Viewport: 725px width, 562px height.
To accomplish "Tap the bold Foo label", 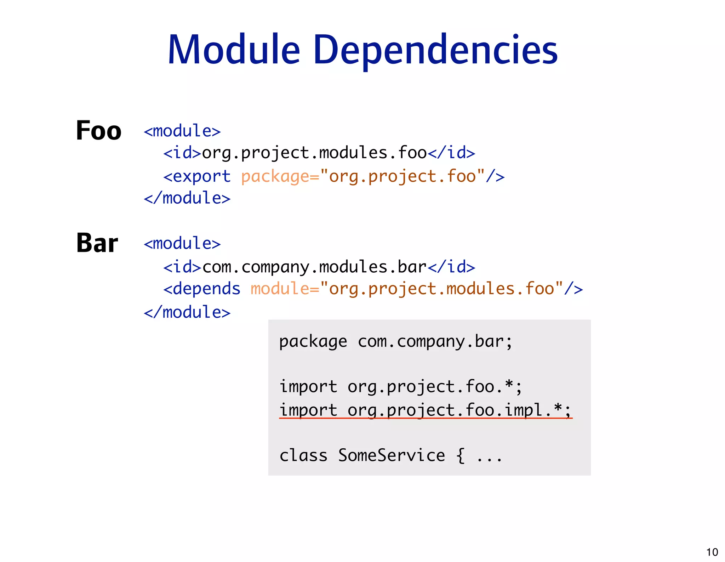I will point(98,131).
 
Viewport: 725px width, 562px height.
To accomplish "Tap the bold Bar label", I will point(97,243).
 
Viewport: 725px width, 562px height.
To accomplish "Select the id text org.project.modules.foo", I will point(314,153).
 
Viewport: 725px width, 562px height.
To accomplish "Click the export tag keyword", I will point(201,176).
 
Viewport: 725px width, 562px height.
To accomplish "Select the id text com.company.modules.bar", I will point(314,267).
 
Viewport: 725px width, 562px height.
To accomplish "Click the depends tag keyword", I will point(206,289).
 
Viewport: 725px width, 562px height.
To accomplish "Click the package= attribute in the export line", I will point(280,176).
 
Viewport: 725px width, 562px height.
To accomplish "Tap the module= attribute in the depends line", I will point(285,289).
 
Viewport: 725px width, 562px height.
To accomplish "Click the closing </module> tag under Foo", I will point(187,198).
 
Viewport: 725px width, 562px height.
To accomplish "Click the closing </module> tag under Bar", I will point(187,312).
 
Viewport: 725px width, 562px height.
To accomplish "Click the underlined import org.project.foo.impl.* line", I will point(425,410).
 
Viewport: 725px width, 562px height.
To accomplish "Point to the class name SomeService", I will point(391,456).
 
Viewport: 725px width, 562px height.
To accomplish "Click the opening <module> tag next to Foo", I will point(182,131).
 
